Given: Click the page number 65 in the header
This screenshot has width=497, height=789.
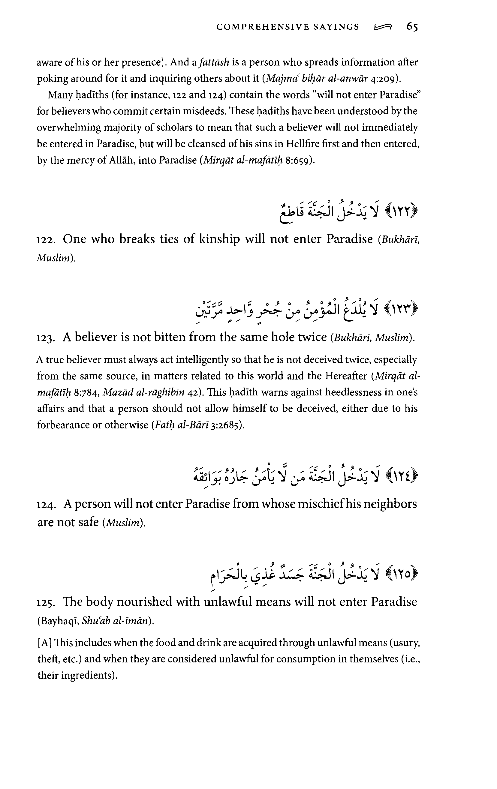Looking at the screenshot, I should click(x=412, y=27).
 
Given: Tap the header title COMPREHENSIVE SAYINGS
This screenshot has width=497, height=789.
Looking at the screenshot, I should click(x=288, y=27).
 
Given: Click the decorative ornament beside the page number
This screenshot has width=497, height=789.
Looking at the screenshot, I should click(x=382, y=28).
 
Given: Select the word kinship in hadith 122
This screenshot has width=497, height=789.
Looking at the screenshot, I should click(x=219, y=239).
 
